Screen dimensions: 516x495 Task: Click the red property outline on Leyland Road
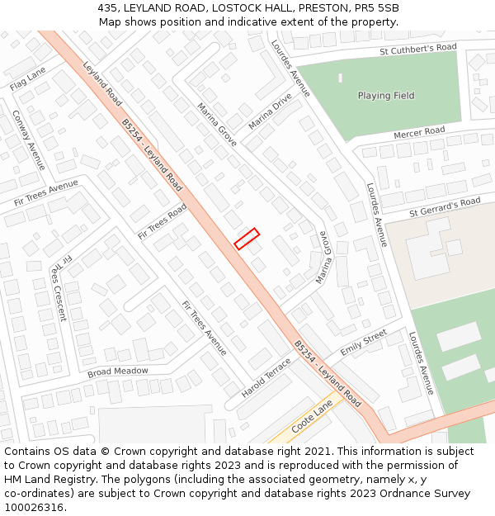pyautogui.click(x=247, y=239)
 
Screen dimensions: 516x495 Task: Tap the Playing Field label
pyautogui.click(x=386, y=96)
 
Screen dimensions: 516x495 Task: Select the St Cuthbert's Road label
pyautogui.click(x=417, y=50)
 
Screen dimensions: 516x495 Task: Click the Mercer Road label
pyautogui.click(x=419, y=132)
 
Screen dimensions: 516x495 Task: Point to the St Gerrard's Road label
pyautogui.click(x=445, y=207)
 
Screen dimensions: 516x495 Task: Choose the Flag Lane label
pyautogui.click(x=27, y=79)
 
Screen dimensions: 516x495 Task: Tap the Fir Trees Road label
pyautogui.click(x=163, y=222)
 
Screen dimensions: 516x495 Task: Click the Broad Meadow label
pyautogui.click(x=118, y=372)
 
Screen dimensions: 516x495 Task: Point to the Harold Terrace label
pyautogui.click(x=266, y=376)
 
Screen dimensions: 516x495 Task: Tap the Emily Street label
pyautogui.click(x=363, y=342)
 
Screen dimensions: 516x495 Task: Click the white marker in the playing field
pyautogui.click(x=340, y=78)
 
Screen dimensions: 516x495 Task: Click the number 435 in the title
pyautogui.click(x=107, y=7)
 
